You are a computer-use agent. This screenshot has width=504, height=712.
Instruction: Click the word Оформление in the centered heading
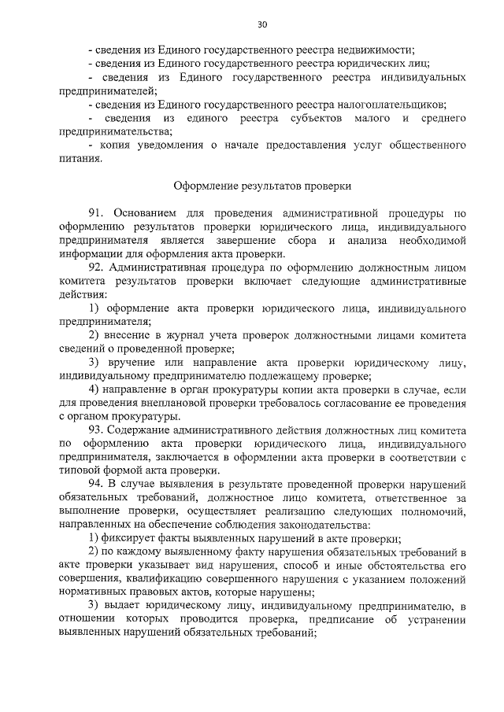pyautogui.click(x=205, y=186)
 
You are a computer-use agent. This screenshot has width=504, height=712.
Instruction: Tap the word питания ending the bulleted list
pyautogui.click(x=79, y=159)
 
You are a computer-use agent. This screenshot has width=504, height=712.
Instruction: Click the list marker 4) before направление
pyautogui.click(x=94, y=389)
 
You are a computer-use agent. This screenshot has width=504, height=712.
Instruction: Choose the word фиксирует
pyautogui.click(x=131, y=538)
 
